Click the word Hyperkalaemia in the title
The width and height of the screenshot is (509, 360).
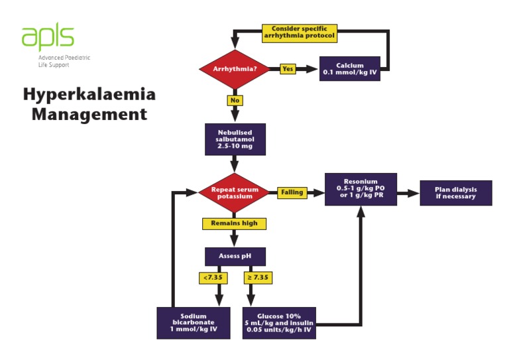89,94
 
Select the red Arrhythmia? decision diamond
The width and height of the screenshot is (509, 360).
235,69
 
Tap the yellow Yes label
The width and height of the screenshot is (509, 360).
287,69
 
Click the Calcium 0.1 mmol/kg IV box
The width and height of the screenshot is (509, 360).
349,69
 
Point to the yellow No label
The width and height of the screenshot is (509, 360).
235,101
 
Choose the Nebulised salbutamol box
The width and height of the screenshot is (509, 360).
235,139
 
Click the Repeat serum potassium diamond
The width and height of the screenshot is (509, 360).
235,192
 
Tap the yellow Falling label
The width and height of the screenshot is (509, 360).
292,193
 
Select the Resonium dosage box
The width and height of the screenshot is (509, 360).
360,189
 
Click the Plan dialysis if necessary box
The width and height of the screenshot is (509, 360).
455,193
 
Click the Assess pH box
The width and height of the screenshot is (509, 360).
235,256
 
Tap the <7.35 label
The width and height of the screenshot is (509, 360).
213,278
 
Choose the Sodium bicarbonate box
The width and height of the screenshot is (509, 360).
194,323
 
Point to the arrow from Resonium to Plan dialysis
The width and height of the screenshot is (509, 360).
408,193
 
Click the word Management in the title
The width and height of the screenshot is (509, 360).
89,114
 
